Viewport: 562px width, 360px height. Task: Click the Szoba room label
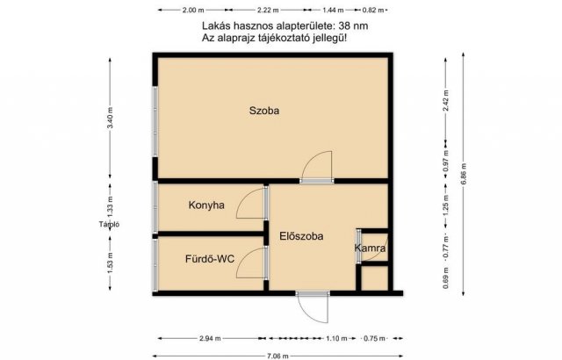(264, 111)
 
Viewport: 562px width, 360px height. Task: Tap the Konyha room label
(207, 205)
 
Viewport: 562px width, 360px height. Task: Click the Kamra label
(371, 249)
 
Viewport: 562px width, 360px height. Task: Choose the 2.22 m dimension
(269, 11)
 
